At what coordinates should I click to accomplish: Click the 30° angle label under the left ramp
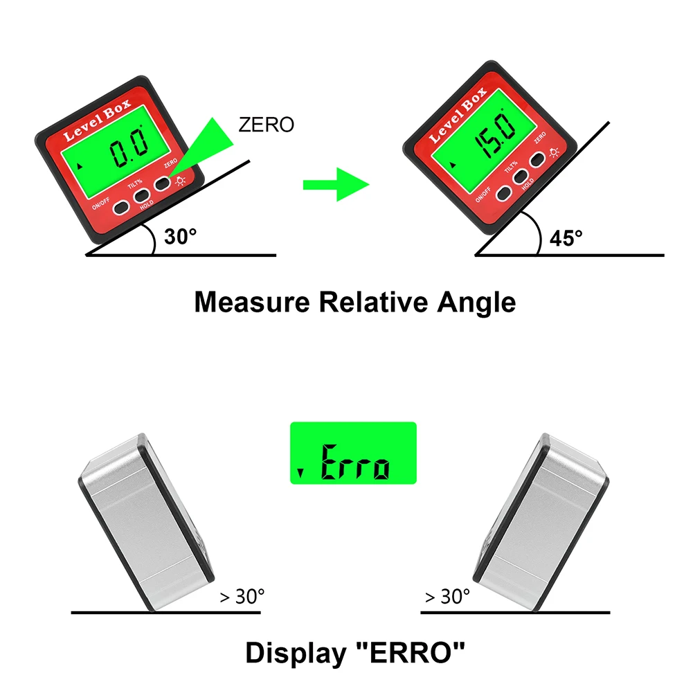(x=181, y=237)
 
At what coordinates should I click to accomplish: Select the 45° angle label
(x=566, y=239)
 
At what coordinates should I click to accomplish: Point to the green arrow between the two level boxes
(x=336, y=184)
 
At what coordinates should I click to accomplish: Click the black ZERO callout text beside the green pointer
(x=266, y=125)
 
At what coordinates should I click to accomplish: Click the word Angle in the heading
(x=478, y=303)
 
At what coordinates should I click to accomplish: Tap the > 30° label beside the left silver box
(x=242, y=596)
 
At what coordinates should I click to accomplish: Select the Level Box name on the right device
(x=457, y=114)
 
